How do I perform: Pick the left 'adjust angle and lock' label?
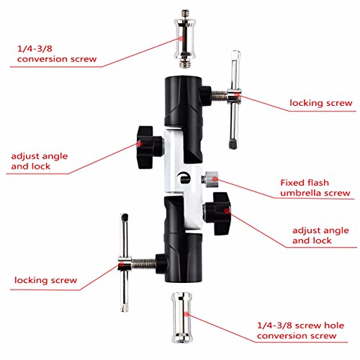40,162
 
